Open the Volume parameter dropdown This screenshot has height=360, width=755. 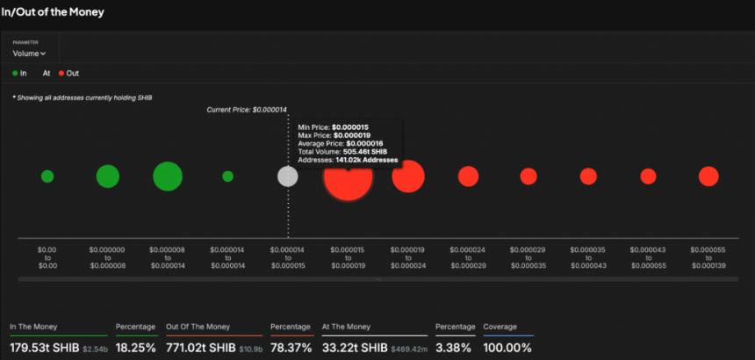tap(29, 54)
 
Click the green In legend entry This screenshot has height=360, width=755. tap(19, 73)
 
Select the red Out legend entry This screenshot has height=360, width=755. tap(68, 73)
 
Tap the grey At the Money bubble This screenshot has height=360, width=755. tap(287, 176)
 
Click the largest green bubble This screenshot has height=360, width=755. tap(167, 176)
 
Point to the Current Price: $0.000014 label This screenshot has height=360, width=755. tap(247, 110)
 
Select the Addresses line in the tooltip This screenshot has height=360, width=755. tap(348, 160)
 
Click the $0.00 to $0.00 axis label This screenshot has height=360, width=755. tap(47, 257)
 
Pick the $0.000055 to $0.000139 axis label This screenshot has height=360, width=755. tap(708, 257)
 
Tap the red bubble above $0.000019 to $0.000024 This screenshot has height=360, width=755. tap(408, 176)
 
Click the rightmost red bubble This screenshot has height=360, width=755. tap(708, 176)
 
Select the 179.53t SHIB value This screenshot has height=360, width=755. tap(44, 348)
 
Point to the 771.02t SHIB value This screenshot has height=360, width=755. tap(200, 348)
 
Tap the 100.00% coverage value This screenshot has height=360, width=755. tap(507, 348)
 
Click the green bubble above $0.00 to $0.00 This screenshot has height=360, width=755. tap(47, 176)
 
